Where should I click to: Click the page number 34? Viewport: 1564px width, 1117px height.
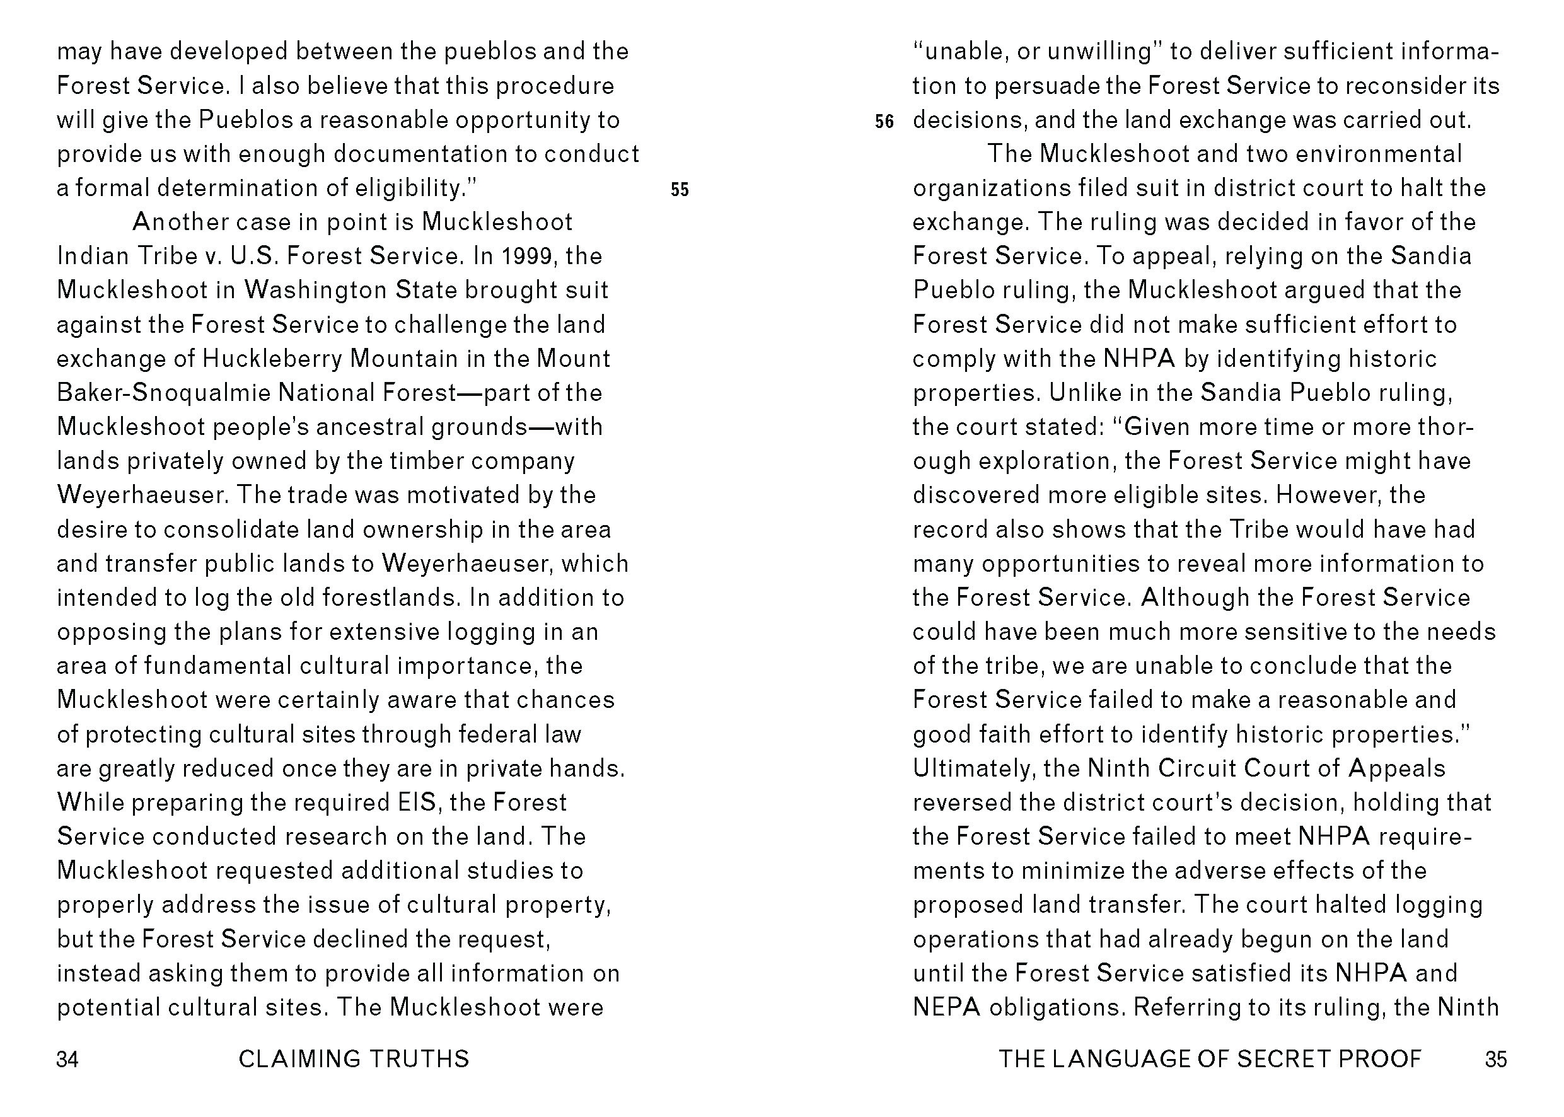[67, 1059]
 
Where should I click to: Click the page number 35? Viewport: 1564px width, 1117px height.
[1496, 1059]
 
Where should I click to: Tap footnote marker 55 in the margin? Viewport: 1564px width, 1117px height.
[680, 190]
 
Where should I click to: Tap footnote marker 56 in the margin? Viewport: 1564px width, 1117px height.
[884, 122]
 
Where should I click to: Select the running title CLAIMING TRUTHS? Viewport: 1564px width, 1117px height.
[354, 1059]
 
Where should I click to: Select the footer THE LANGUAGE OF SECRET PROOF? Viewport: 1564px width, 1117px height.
[1210, 1059]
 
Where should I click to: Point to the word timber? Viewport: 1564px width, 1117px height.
[423, 461]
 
